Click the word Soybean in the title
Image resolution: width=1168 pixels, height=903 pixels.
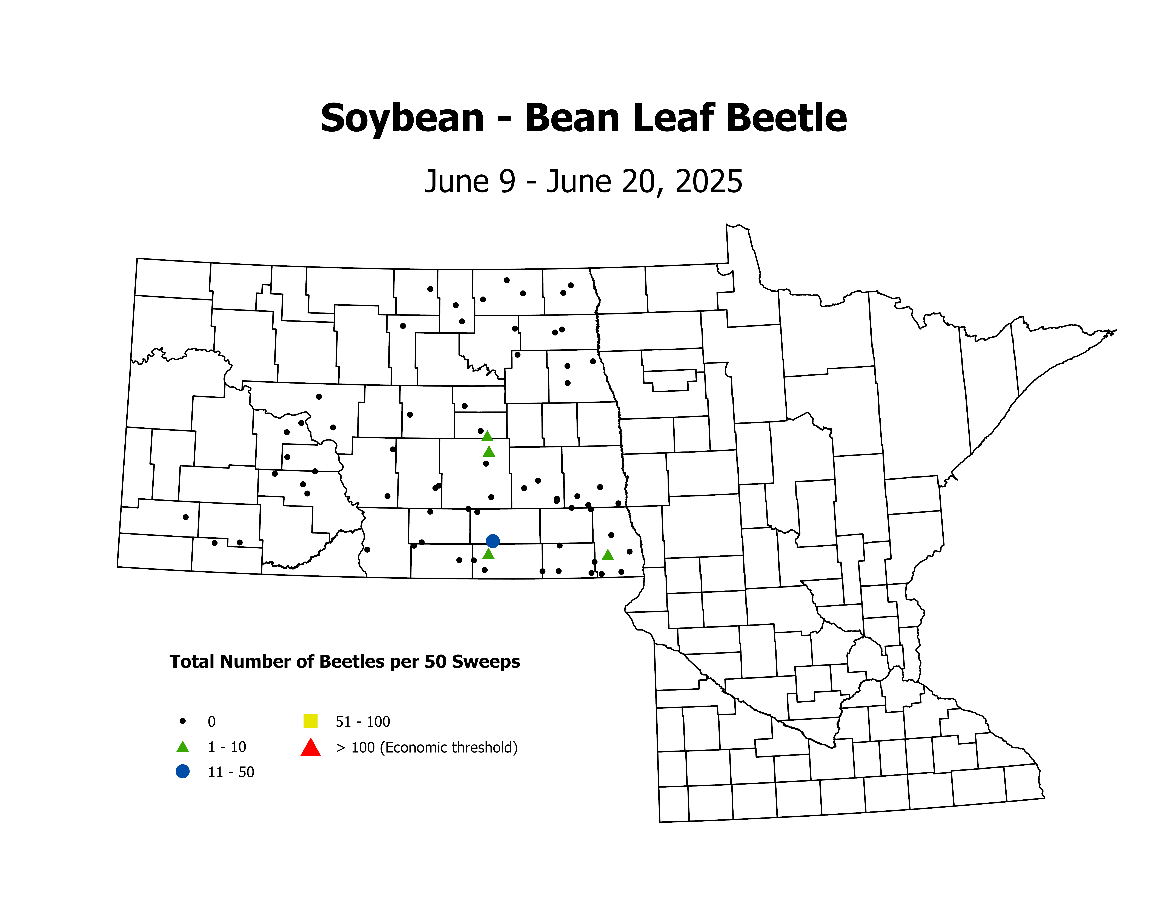point(402,119)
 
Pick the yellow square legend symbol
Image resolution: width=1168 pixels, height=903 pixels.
point(310,721)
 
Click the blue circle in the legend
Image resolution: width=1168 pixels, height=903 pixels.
point(182,771)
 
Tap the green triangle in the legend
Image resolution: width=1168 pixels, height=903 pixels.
point(182,747)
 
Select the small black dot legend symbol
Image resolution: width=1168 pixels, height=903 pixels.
point(182,721)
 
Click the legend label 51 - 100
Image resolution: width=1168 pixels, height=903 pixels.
point(363,722)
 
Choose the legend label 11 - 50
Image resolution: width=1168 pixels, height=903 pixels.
point(231,772)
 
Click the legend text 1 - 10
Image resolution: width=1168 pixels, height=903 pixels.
point(227,747)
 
